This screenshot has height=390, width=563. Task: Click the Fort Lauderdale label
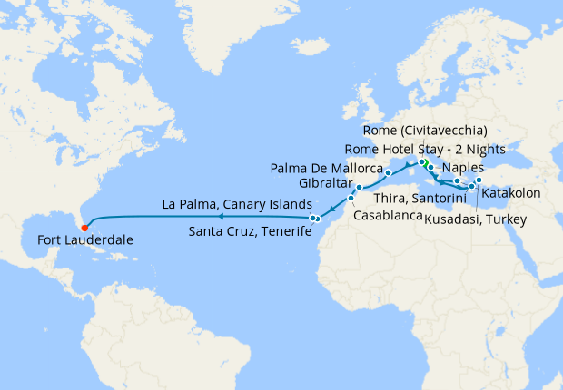(x=85, y=240)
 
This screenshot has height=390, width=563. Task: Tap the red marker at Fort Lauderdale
(x=84, y=226)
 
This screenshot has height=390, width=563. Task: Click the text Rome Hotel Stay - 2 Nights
(x=419, y=149)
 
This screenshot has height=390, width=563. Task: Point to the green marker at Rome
(x=422, y=162)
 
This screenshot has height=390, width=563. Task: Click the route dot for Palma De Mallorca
(x=388, y=172)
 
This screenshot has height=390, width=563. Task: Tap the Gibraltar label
(x=324, y=184)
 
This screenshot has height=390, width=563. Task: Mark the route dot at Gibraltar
(x=359, y=188)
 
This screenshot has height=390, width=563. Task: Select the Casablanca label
(x=387, y=218)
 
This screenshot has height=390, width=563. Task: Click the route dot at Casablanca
(x=351, y=198)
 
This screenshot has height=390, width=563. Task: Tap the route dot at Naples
(x=430, y=170)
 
